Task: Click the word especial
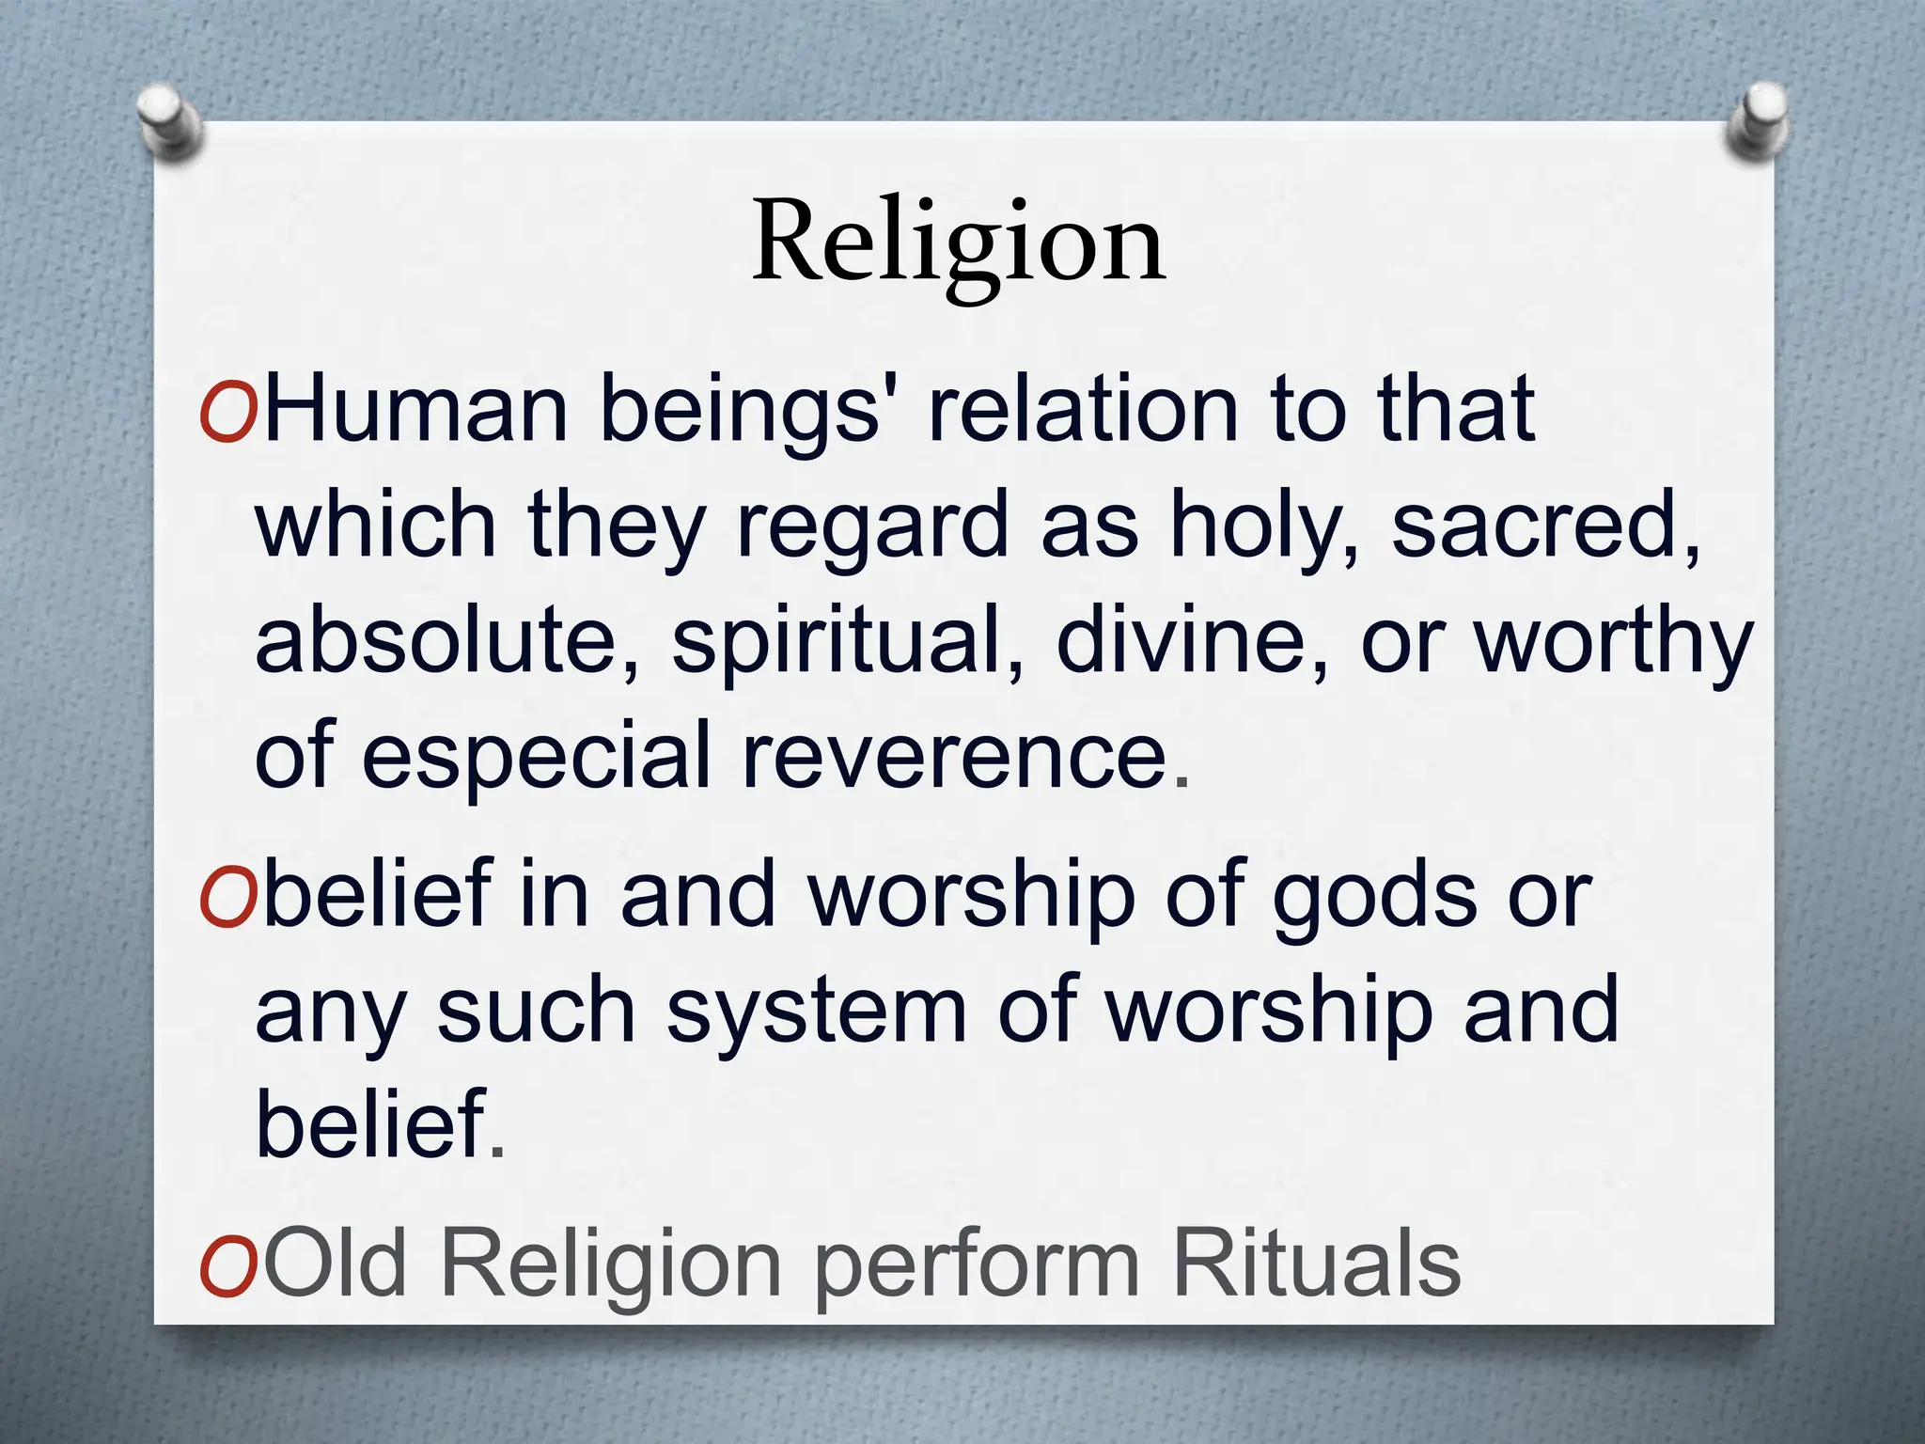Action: pyautogui.click(x=536, y=757)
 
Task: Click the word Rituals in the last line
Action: pyautogui.click(x=1316, y=1264)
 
